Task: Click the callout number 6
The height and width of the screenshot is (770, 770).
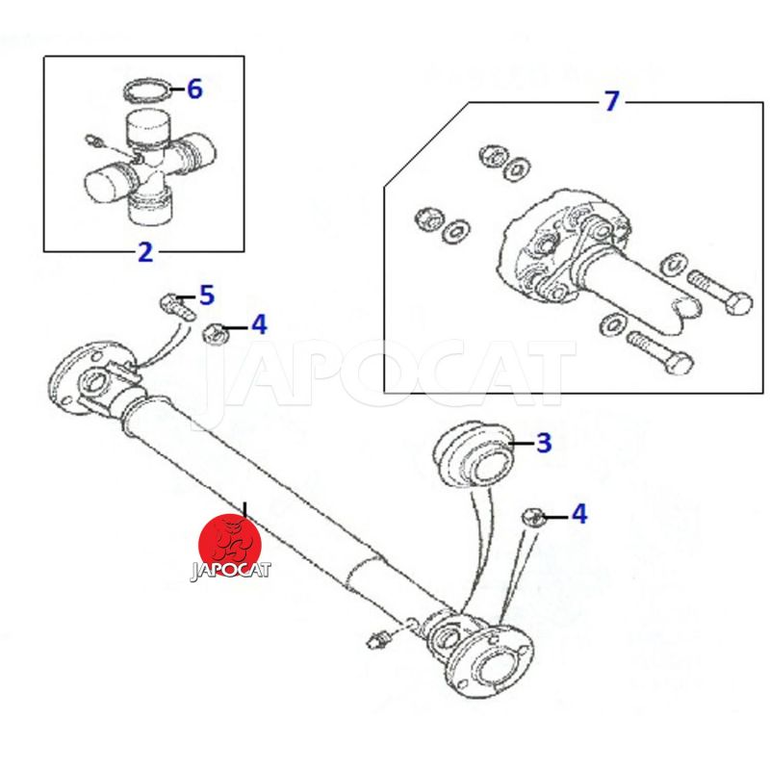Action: coord(194,90)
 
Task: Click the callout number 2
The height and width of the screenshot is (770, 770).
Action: coord(145,252)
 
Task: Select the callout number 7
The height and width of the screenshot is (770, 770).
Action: coord(611,101)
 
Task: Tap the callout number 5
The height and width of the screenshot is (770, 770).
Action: coord(207,295)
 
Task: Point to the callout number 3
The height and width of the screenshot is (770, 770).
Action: coord(544,443)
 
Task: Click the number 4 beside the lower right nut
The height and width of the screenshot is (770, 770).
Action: coord(579,514)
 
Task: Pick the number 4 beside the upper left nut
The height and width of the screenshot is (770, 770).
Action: coord(259,325)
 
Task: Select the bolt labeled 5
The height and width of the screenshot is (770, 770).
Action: coord(177,306)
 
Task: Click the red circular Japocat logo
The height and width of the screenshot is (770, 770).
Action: coord(230,545)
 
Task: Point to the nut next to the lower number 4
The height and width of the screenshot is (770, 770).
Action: coord(532,518)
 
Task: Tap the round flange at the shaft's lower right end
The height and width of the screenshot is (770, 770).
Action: coord(491,662)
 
